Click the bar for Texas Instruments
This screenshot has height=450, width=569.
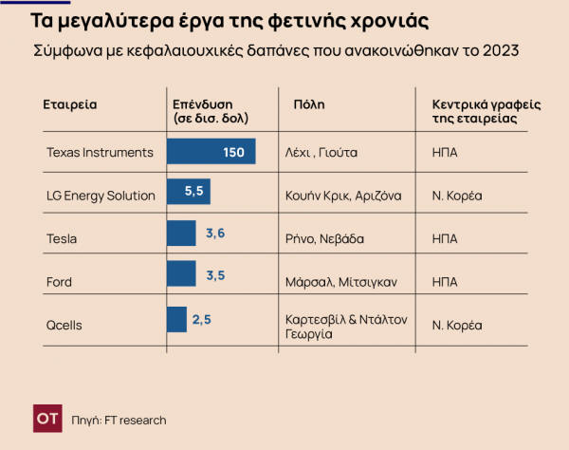tap(211, 152)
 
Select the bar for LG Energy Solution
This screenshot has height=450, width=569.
tap(188, 193)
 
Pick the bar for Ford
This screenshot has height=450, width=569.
tap(180, 274)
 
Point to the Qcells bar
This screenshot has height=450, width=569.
tap(176, 320)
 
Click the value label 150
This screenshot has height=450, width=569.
tap(234, 152)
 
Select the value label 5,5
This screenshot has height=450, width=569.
tap(194, 193)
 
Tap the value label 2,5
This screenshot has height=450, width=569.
tap(201, 320)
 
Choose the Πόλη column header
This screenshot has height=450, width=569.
tap(301, 103)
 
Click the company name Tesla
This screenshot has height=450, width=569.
tap(62, 239)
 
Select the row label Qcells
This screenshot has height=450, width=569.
tap(64, 325)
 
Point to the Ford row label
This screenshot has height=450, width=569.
tap(60, 282)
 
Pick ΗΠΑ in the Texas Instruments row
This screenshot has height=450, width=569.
tap(445, 152)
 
